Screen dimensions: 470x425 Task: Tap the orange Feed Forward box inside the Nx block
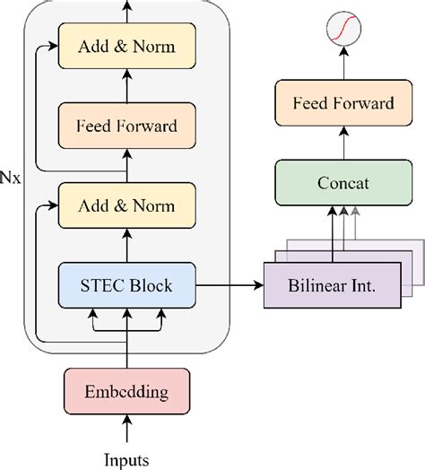[127, 126]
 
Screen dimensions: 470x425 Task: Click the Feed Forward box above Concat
[343, 103]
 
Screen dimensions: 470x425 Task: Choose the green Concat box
[343, 183]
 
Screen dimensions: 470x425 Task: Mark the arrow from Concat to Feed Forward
[343, 143]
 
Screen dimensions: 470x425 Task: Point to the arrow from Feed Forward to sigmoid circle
[343, 65]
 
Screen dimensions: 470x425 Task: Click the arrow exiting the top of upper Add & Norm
[127, 11]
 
